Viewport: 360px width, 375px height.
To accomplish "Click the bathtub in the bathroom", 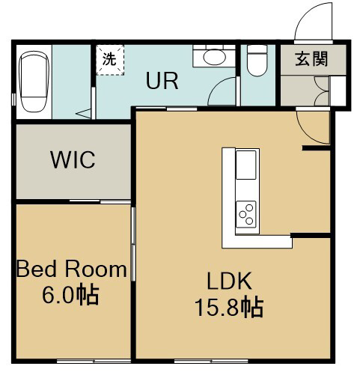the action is click(x=34, y=82).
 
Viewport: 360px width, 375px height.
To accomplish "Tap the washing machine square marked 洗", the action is click(x=110, y=60).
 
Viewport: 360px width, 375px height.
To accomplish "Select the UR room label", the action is click(x=162, y=81).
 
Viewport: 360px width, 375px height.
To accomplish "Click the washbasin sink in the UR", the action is click(x=215, y=57).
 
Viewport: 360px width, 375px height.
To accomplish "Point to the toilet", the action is click(x=257, y=61).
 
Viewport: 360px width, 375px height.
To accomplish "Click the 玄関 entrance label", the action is click(x=311, y=60).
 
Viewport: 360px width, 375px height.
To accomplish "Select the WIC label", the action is click(x=73, y=159).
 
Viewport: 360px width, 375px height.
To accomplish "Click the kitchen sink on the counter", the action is click(x=246, y=165).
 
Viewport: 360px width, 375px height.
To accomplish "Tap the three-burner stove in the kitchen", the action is click(x=246, y=214).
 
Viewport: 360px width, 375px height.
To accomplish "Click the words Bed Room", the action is click(x=72, y=269).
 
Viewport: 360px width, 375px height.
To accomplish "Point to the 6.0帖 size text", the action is click(x=71, y=296).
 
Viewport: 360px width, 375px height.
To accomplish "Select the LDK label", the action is click(x=229, y=281).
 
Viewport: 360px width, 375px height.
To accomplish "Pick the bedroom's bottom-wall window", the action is click(x=94, y=361).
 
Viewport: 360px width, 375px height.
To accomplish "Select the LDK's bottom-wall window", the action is click(x=211, y=361).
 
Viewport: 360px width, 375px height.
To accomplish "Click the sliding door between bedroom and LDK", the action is click(x=133, y=244).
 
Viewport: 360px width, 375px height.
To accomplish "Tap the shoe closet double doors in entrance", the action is click(x=322, y=91).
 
